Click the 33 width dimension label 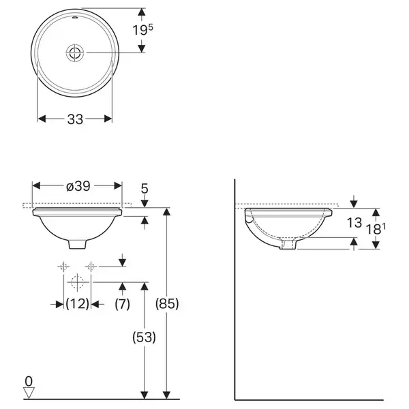tap(75, 119)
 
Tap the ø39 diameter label tap(78, 186)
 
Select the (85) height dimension tap(167, 304)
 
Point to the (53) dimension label tap(144, 337)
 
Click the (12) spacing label tap(77, 304)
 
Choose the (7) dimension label tap(122, 304)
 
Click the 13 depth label tap(354, 223)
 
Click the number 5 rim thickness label tap(145, 188)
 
